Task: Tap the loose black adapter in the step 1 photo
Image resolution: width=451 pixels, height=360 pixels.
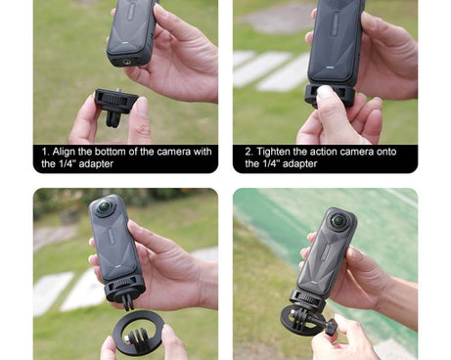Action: [115, 103]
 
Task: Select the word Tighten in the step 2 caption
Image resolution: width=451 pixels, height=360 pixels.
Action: [277, 152]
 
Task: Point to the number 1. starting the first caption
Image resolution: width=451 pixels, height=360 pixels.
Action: [46, 152]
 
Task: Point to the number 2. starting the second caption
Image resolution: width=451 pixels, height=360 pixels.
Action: [249, 152]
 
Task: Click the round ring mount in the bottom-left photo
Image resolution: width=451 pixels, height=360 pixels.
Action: [138, 333]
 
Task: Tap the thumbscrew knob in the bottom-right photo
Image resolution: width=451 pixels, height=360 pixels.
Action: [331, 326]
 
